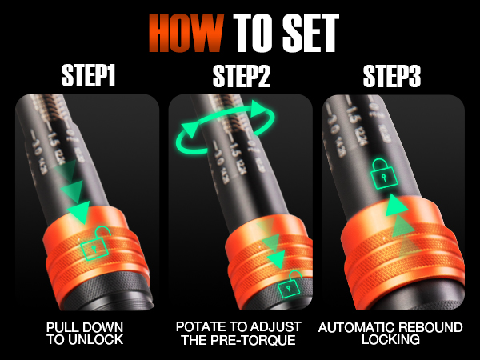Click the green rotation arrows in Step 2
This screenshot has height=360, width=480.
tap(226, 128)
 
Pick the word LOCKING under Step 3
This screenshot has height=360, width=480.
tap(391, 341)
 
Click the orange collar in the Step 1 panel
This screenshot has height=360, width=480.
tap(90, 248)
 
